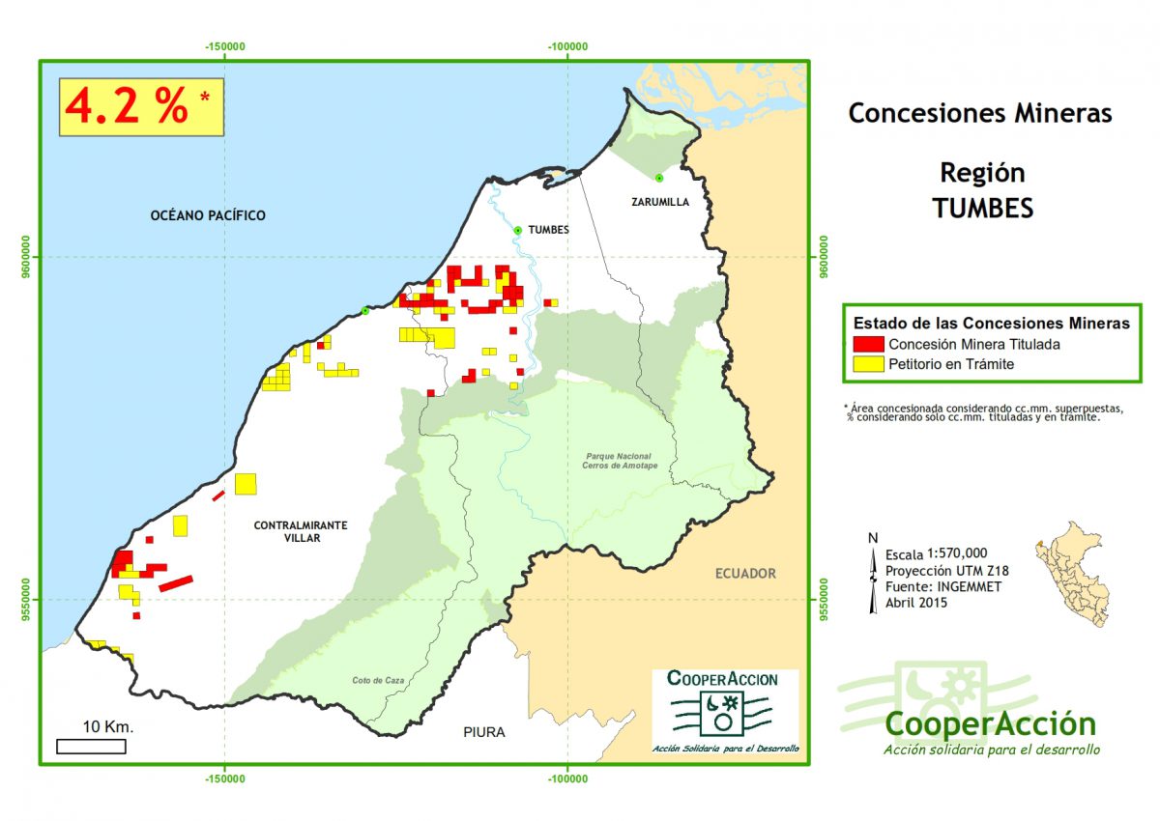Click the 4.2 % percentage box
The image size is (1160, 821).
[x=141, y=107]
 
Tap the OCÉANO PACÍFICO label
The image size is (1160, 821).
[x=208, y=215]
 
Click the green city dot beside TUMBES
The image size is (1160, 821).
[x=518, y=230]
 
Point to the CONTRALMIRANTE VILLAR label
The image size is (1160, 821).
[x=301, y=531]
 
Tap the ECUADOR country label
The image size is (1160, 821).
[x=745, y=574]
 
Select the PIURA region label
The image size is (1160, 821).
[x=483, y=732]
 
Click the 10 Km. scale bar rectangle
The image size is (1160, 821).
[x=91, y=746]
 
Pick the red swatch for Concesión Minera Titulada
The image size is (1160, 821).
[x=869, y=344]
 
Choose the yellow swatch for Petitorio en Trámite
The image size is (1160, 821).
[x=869, y=364]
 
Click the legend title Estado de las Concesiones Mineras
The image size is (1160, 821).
[x=992, y=323]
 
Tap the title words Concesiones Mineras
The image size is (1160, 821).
[x=980, y=113]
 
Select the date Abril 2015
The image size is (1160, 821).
[x=916, y=603]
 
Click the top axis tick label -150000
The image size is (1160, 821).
[x=224, y=46]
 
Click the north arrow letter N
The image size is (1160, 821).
[x=873, y=538]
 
